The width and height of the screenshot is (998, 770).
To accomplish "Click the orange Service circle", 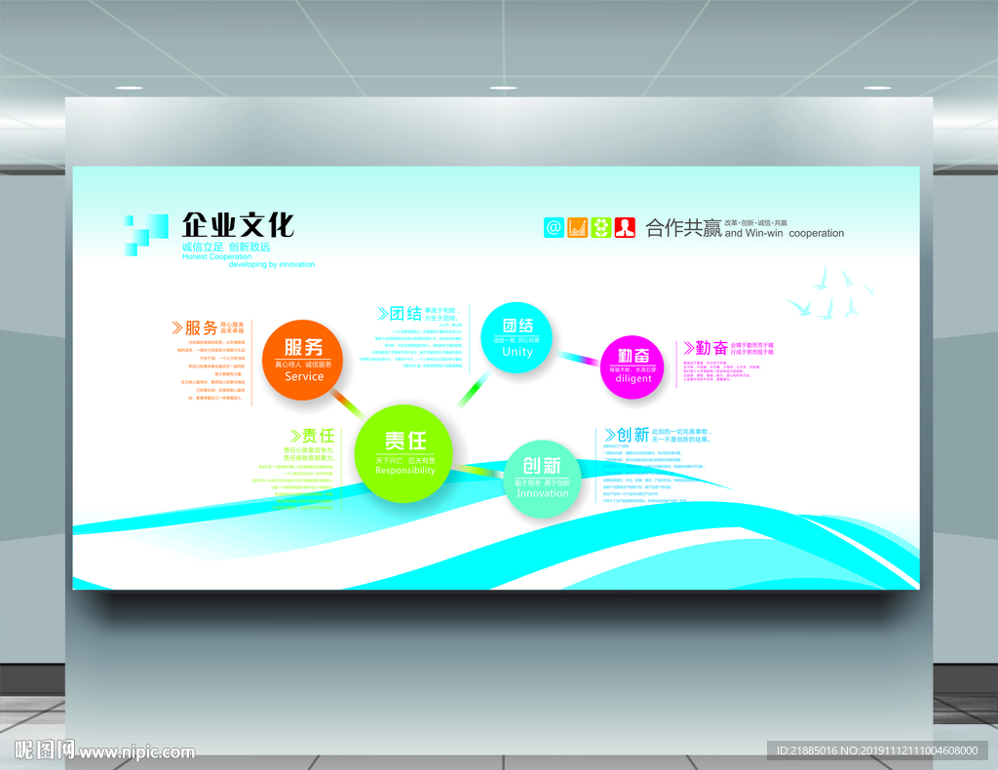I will [304, 359].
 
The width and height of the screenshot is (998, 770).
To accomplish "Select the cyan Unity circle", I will [518, 337].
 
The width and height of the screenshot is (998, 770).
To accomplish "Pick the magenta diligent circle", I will [633, 365].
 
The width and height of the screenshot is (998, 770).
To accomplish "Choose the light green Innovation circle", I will [542, 479].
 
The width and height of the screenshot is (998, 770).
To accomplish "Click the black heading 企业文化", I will [238, 225].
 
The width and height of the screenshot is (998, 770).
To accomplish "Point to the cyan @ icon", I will [554, 227].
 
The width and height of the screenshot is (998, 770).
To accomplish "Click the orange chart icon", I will [577, 227].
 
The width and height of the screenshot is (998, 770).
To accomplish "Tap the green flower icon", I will [600, 227].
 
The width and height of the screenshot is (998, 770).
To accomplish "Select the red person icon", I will [625, 227].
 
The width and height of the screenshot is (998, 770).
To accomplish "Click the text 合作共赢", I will [683, 228].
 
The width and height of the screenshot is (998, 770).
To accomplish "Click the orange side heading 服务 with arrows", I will [194, 327].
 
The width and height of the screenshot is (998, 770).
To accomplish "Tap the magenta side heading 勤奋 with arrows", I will [705, 348].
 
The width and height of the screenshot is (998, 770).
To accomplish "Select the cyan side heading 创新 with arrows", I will [626, 436].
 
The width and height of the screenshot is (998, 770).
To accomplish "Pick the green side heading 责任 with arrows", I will [312, 436].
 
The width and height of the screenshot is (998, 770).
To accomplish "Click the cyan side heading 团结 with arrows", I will [400, 314].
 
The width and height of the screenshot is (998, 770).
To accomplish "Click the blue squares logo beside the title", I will [145, 234].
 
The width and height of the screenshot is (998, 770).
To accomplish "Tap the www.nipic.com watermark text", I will [137, 751].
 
